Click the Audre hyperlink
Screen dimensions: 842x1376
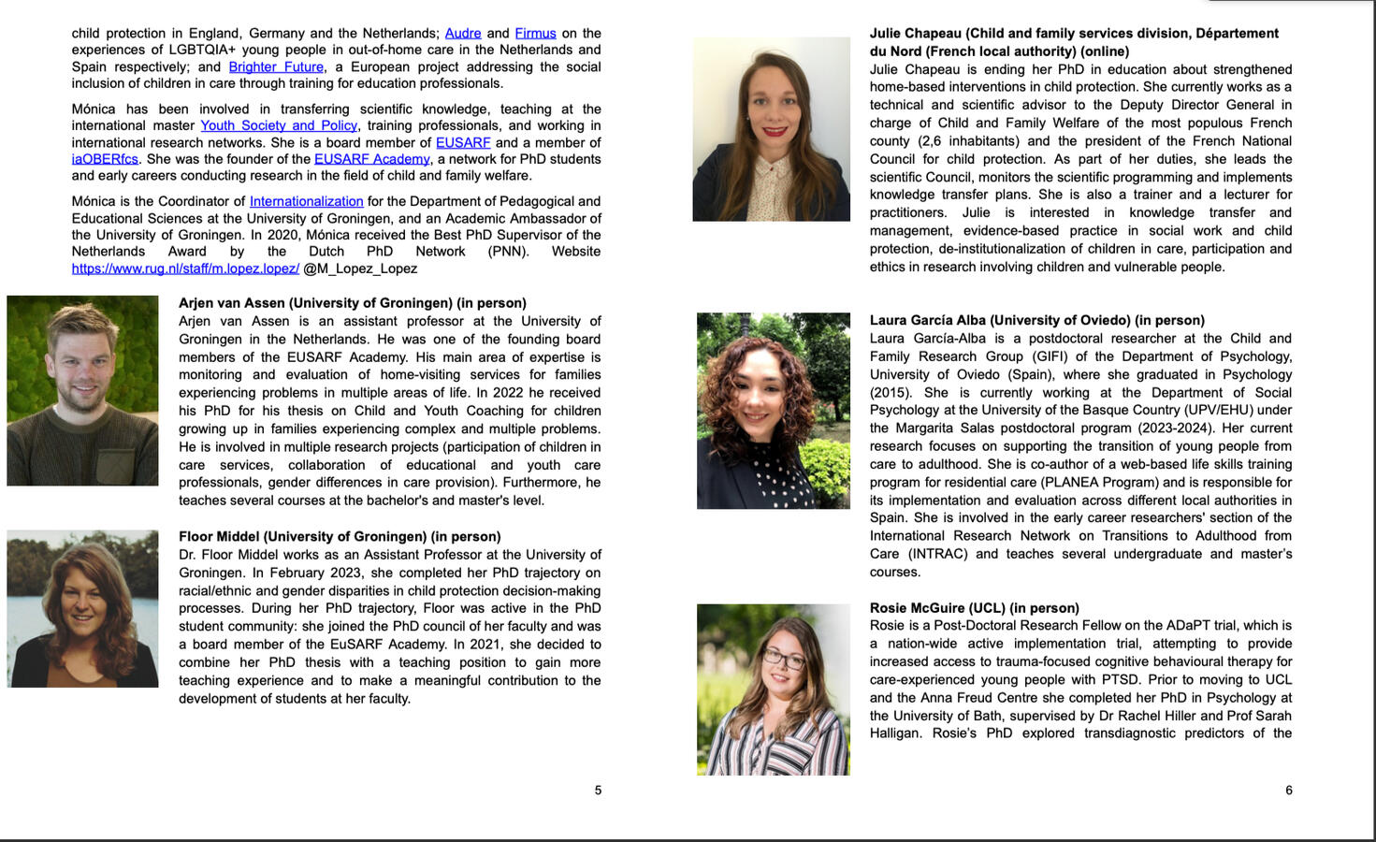pyautogui.click(x=463, y=33)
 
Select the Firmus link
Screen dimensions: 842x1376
pyautogui.click(x=535, y=33)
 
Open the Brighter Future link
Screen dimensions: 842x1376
pyautogui.click(x=276, y=66)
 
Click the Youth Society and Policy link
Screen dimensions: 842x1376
pyautogui.click(x=279, y=125)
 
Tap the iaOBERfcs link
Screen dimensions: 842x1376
pyautogui.click(x=105, y=159)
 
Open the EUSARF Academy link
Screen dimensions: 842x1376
pyautogui.click(x=371, y=159)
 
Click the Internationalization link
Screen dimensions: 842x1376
pyautogui.click(x=306, y=201)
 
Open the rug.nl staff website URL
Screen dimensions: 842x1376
pyautogui.click(x=185, y=269)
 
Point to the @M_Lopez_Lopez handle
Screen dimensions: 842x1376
pyautogui.click(x=360, y=269)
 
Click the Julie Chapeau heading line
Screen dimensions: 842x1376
pyautogui.click(x=1073, y=34)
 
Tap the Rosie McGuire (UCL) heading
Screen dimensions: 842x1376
pyautogui.click(x=974, y=608)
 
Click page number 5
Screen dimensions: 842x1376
pyautogui.click(x=598, y=791)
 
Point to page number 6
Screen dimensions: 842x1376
pyautogui.click(x=1288, y=791)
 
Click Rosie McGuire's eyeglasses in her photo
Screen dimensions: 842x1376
pyautogui.click(x=783, y=658)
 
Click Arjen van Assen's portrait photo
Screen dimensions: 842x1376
pyautogui.click(x=82, y=390)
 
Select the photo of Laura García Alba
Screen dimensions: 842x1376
pyautogui.click(x=773, y=411)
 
